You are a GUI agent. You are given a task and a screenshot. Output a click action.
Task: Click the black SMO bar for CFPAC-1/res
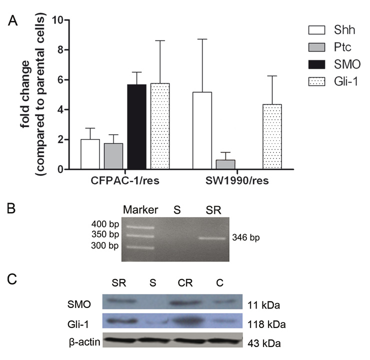137,127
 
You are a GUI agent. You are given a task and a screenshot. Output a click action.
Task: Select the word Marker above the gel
140,207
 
